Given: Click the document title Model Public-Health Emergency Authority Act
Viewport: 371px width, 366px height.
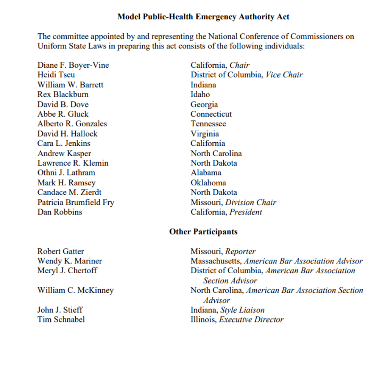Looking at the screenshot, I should click(203, 17).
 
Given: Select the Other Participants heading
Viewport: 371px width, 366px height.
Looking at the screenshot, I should click(203, 232).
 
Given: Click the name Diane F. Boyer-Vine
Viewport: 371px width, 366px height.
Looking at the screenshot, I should click(73, 65).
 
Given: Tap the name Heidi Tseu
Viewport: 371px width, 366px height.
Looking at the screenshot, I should click(56, 75).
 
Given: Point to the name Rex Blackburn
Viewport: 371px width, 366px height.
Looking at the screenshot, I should click(63, 94).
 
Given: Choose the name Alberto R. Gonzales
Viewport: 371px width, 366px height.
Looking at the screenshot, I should click(72, 124).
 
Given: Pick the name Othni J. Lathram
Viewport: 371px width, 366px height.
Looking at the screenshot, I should click(66, 173).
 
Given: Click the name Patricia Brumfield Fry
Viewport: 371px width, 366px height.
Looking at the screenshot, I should click(76, 202).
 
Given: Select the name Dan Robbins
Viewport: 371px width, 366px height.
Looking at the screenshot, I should click(59, 212).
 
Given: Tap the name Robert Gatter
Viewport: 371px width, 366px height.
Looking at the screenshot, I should click(61, 251).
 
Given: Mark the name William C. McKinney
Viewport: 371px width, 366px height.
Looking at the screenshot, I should click(75, 290).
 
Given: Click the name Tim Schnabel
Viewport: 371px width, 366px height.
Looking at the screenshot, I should click(61, 319).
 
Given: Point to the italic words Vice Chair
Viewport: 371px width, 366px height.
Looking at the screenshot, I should click(284, 75).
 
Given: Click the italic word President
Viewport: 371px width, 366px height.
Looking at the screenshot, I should click(246, 212).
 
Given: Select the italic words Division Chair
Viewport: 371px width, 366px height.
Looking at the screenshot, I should click(251, 202).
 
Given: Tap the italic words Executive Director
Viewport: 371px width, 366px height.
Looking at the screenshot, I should click(251, 319).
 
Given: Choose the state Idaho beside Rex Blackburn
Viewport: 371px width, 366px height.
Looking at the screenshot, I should click(200, 94).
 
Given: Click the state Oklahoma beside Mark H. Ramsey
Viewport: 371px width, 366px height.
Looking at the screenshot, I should click(208, 182).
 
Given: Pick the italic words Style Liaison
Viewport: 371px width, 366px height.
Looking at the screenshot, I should click(243, 310).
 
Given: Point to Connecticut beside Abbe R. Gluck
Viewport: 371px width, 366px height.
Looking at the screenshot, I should click(211, 114).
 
